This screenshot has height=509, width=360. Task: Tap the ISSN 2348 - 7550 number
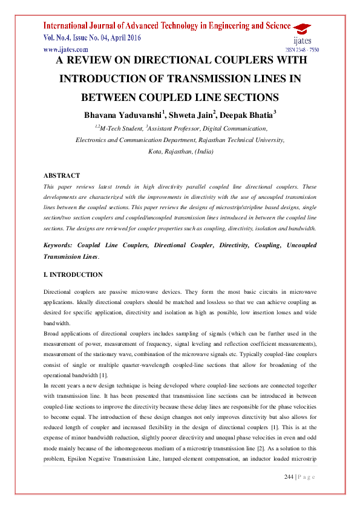click(302, 50)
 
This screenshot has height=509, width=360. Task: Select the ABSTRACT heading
click(62, 175)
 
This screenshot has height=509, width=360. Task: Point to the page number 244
click(289, 478)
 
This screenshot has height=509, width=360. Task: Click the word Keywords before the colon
click(61, 245)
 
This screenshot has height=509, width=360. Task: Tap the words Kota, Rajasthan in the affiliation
click(169, 151)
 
